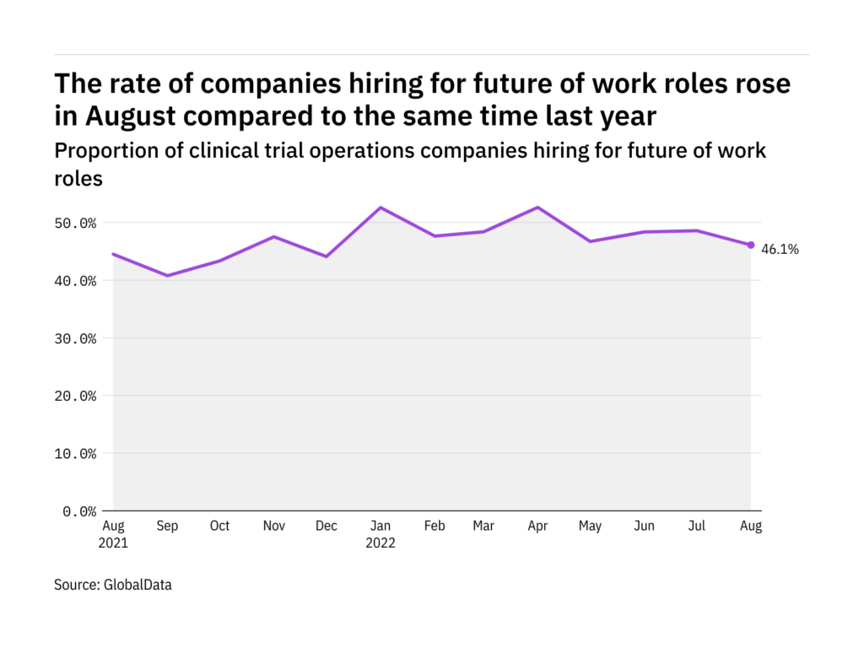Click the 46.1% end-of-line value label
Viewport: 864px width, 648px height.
click(780, 250)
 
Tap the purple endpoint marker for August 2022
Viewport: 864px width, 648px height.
click(751, 245)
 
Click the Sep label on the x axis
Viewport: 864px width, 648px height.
click(167, 526)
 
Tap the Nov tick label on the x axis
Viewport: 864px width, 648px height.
click(273, 526)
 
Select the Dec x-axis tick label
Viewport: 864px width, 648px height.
click(327, 526)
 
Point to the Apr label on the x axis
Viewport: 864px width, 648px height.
click(538, 526)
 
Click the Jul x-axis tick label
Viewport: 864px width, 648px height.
click(698, 526)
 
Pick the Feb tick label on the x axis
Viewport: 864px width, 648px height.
click(434, 526)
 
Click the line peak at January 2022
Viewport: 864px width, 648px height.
click(380, 208)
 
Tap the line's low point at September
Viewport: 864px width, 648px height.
click(167, 275)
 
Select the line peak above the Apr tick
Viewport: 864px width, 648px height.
click(538, 208)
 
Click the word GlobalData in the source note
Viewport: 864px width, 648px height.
click(137, 584)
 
